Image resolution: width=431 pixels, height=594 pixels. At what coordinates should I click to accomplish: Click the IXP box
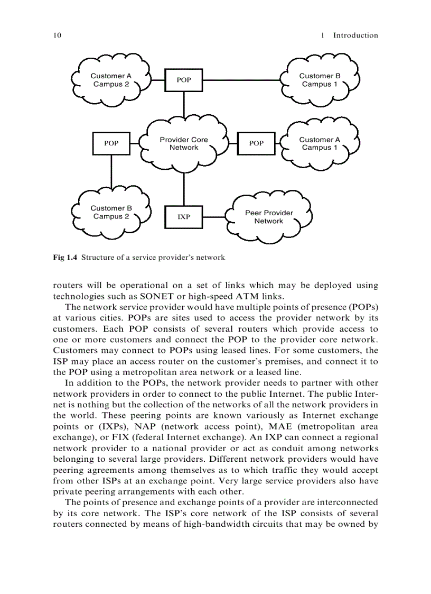point(184,217)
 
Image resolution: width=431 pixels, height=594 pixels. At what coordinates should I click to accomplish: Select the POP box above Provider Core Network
point(184,80)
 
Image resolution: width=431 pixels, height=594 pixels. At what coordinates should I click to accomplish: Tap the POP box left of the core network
point(111,143)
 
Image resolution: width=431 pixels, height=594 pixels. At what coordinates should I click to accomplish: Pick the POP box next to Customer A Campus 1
point(256,143)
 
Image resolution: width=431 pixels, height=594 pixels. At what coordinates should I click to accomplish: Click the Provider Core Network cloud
point(184,144)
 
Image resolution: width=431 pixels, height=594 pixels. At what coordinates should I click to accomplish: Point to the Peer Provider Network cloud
point(269,217)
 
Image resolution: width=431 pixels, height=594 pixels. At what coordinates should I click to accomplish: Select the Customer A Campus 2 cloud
point(111,80)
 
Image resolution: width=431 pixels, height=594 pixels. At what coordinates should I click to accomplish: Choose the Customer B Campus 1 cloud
point(320,80)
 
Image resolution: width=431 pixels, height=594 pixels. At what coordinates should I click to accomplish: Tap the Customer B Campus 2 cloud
point(111,212)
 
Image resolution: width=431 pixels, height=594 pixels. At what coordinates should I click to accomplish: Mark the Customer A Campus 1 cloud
point(320,143)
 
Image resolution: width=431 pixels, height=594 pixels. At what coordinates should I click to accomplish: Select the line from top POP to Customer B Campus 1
point(243,80)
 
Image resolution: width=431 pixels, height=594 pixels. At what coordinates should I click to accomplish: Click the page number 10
point(57,35)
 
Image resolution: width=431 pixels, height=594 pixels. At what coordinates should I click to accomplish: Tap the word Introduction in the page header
point(355,35)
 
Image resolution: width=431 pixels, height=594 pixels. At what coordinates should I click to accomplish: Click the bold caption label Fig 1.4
point(65,258)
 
